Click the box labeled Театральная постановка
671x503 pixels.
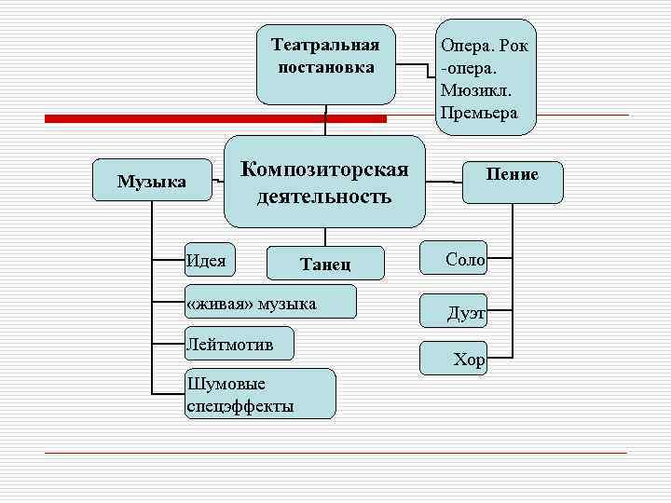pyautogui.click(x=325, y=63)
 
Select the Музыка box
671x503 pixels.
pyautogui.click(x=152, y=181)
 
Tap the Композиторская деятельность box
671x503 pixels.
pyautogui.click(x=324, y=183)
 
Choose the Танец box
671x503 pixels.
pyautogui.click(x=325, y=264)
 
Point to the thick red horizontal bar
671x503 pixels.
pyautogui.click(x=215, y=119)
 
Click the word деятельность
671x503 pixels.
pyautogui.click(x=324, y=197)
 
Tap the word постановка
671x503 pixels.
pyautogui.click(x=325, y=67)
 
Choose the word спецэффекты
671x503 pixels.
pyautogui.click(x=240, y=406)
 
